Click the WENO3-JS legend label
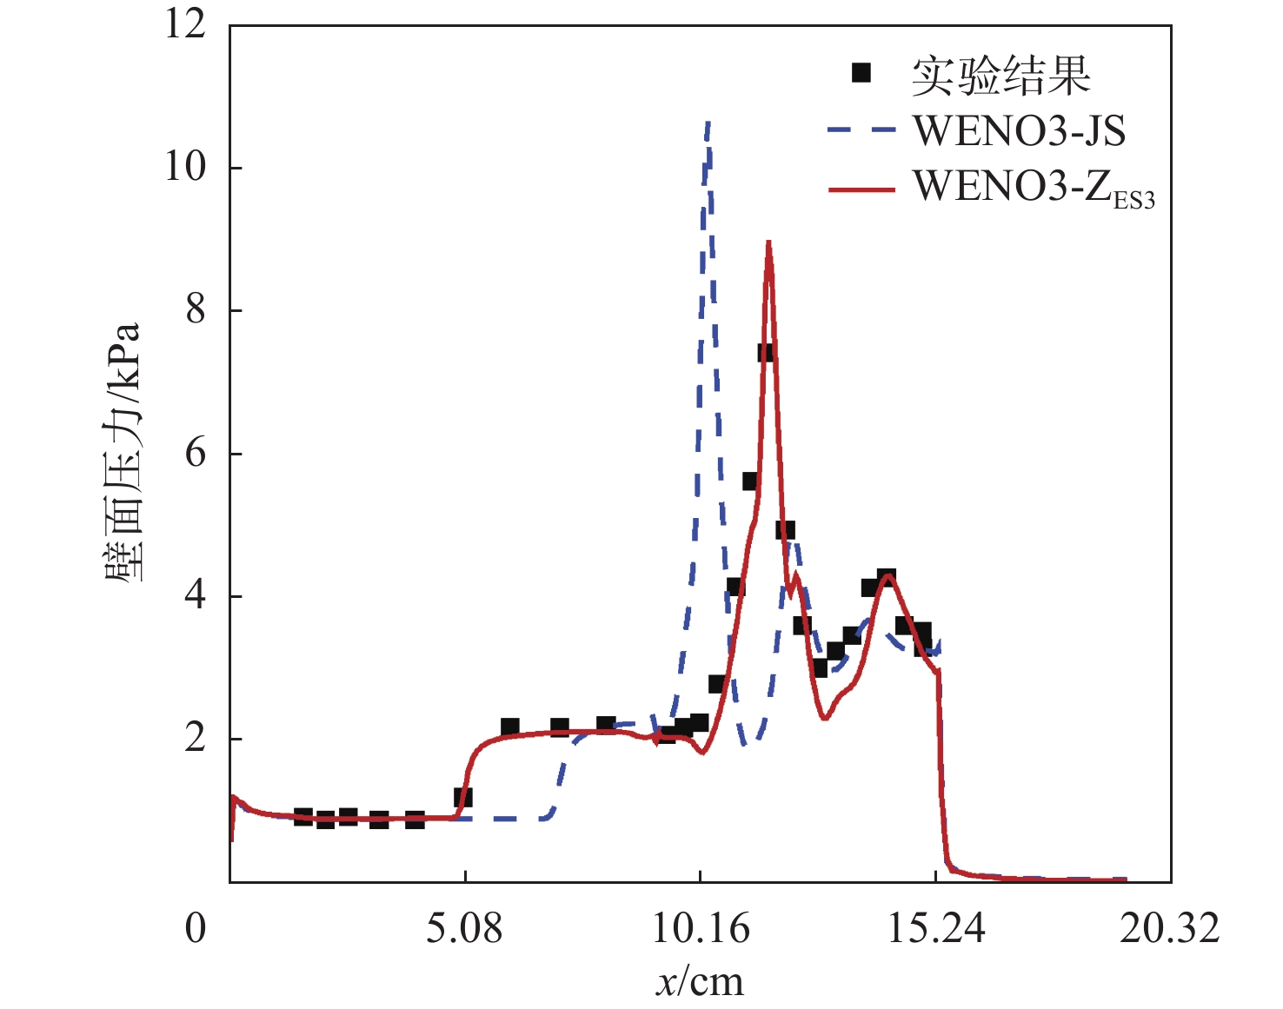1019,131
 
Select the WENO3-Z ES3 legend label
1034,187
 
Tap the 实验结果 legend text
1000,76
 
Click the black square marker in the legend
861,73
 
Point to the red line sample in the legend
861,189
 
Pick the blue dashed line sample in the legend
861,130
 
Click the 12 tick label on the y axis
185,23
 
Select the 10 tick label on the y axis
185,166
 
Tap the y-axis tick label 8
196,309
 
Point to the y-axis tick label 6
196,453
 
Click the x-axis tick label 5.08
464,929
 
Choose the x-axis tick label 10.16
701,929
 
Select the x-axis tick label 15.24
936,929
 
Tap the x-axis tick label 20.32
1170,929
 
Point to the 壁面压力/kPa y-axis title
123,452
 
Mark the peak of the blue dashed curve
708,123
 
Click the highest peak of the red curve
768,242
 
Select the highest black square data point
766,352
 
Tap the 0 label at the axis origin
196,929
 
